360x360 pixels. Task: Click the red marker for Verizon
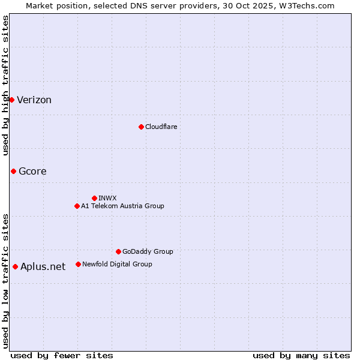(11, 100)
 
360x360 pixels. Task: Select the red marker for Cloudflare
(141, 127)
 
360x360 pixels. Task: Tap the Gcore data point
(13, 171)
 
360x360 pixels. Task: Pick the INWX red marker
(94, 198)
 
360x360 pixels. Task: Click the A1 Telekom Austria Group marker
(77, 206)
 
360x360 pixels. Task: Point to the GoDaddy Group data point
(118, 251)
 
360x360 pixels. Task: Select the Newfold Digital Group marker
(78, 264)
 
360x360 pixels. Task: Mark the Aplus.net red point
(15, 266)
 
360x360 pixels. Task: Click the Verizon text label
(34, 100)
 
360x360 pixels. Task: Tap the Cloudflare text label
(161, 127)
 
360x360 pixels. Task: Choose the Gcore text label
(32, 172)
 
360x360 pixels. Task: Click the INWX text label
(107, 198)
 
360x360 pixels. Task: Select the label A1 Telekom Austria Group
(122, 206)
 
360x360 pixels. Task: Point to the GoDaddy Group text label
(148, 251)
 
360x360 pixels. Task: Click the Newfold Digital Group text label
(117, 264)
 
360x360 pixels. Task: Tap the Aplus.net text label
(43, 267)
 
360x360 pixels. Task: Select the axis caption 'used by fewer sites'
(62, 355)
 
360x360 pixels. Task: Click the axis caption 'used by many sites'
(301, 355)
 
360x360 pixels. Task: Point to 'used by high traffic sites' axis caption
(6, 85)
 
